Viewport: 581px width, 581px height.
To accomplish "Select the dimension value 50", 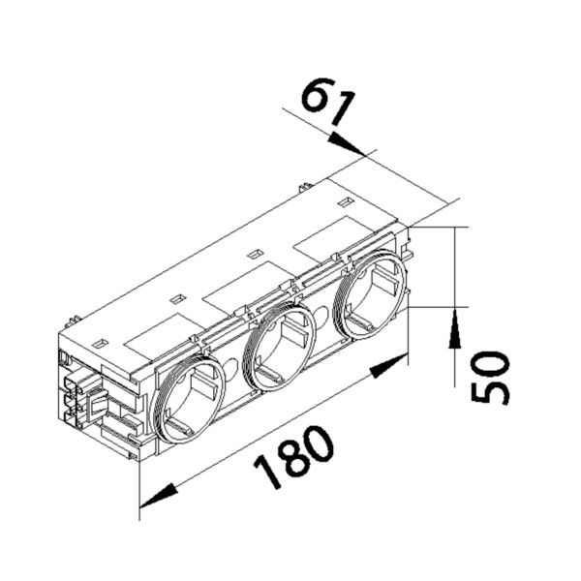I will coord(490,377).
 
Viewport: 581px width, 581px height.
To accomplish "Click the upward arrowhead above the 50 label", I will coord(455,329).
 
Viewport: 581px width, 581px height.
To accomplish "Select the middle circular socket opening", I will coord(279,347).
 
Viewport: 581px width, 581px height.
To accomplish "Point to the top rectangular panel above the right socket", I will coord(329,238).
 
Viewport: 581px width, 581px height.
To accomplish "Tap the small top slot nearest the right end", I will coord(344,202).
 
